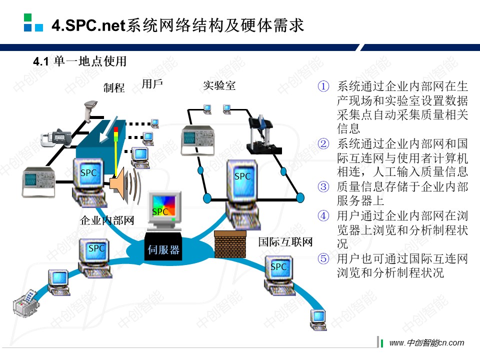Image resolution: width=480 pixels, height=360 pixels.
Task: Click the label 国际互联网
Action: (285, 242)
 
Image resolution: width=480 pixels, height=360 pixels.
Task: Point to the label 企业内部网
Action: (107, 220)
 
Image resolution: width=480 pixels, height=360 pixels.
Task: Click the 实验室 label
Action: (219, 85)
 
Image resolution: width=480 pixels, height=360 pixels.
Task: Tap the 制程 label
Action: (114, 88)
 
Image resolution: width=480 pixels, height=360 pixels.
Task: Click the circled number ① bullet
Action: (323, 86)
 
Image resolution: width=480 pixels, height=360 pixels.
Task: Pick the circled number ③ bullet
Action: (323, 187)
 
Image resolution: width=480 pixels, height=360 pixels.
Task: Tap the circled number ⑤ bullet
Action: (323, 259)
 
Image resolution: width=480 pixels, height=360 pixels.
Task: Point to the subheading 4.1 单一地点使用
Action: (79, 61)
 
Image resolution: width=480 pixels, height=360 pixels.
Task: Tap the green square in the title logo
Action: (28, 17)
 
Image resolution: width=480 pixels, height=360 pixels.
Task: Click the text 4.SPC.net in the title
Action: (88, 25)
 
